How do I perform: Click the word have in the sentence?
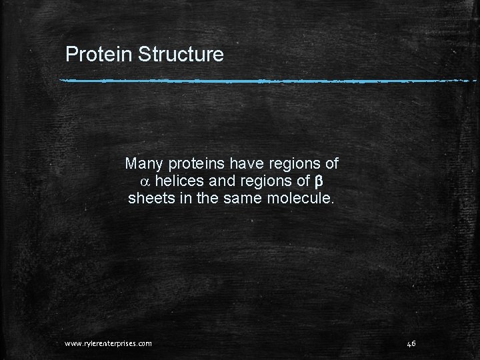(x=245, y=163)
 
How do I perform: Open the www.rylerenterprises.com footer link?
(x=108, y=343)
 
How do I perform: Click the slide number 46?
(x=411, y=343)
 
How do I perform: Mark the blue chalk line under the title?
(x=267, y=81)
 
